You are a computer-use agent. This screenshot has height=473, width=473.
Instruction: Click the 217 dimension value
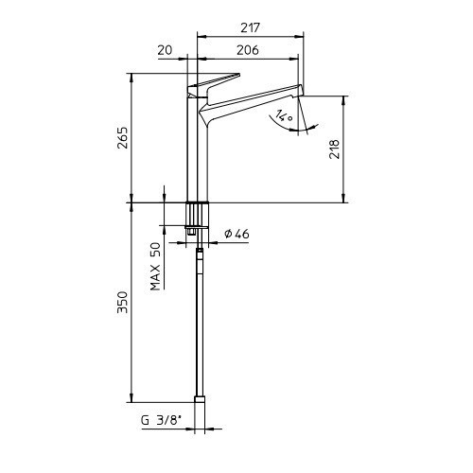(x=250, y=28)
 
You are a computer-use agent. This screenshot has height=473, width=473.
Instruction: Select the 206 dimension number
(x=248, y=50)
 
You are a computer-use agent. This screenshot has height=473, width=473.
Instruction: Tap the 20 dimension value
(x=166, y=50)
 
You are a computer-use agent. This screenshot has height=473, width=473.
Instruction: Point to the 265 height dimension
(x=122, y=137)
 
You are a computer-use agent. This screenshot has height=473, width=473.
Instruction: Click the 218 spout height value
(x=335, y=149)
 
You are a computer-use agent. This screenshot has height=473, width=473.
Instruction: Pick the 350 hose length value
(x=122, y=302)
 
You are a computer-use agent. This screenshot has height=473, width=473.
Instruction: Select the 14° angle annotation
(x=284, y=115)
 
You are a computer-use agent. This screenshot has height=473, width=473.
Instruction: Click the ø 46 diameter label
(x=236, y=234)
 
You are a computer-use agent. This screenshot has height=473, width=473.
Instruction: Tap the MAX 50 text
(x=155, y=266)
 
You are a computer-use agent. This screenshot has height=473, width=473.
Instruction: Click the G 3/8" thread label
(x=162, y=421)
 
